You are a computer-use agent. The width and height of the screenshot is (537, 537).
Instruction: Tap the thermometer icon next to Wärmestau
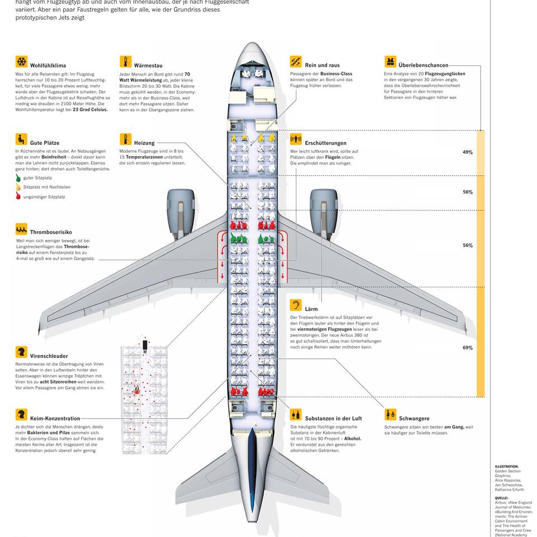point(125,62)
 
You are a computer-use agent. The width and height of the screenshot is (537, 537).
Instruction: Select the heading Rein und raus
point(322,65)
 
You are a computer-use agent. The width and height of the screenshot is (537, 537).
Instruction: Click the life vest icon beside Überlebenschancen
point(390,62)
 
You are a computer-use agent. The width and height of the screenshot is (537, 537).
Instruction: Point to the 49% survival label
point(468,152)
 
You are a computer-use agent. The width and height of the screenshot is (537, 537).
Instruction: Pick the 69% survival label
point(468,348)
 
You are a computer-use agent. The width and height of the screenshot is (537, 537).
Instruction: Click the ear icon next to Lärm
point(296,305)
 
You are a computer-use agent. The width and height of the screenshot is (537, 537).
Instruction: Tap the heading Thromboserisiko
point(51,232)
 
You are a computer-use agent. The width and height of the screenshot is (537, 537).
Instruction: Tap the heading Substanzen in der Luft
point(333,418)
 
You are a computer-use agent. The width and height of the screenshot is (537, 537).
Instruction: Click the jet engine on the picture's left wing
point(180,211)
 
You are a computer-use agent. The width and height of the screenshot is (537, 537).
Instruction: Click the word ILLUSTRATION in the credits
point(507,466)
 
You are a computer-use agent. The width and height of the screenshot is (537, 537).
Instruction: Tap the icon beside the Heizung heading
point(125,139)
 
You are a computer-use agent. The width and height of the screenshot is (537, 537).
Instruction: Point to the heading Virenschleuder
point(49,356)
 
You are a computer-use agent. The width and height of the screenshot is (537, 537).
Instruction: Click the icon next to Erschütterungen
point(296,139)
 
